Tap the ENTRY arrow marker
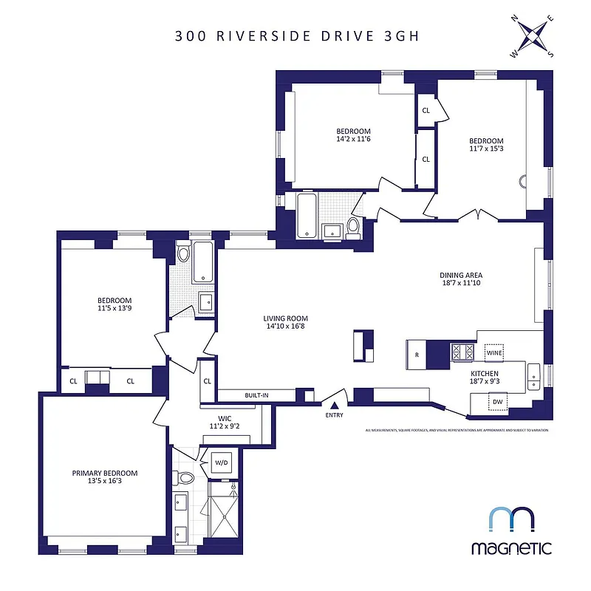coord(334,405)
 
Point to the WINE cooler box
coord(494,353)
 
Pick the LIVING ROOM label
coord(285,319)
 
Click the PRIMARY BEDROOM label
coord(104,473)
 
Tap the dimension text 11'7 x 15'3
coord(486,150)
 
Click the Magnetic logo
coord(511,530)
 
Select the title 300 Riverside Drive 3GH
coord(297,36)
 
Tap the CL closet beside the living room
coord(208,381)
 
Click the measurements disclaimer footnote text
coord(457,430)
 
